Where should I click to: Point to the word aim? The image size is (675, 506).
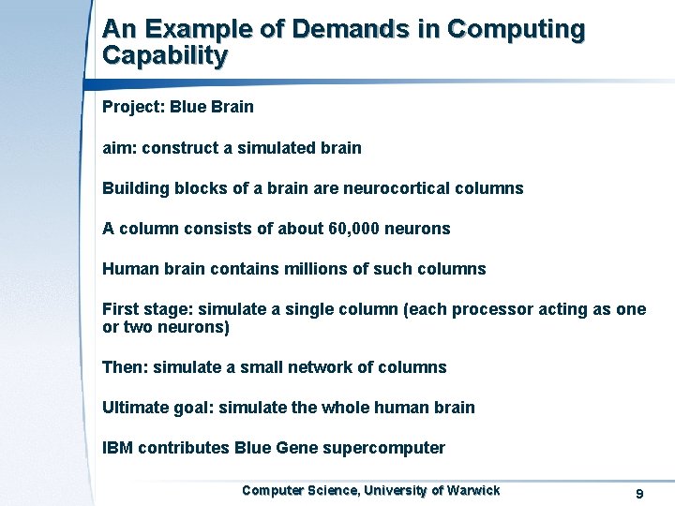pyautogui.click(x=119, y=148)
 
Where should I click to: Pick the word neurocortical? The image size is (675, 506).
pyautogui.click(x=396, y=188)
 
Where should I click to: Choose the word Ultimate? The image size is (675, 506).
pyautogui.click(x=135, y=408)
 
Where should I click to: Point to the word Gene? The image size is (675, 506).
pyautogui.click(x=296, y=448)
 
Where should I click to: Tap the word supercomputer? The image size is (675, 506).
pyautogui.click(x=383, y=448)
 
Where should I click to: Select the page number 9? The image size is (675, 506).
pyautogui.click(x=638, y=494)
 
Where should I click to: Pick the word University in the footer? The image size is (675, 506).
pyautogui.click(x=397, y=490)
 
